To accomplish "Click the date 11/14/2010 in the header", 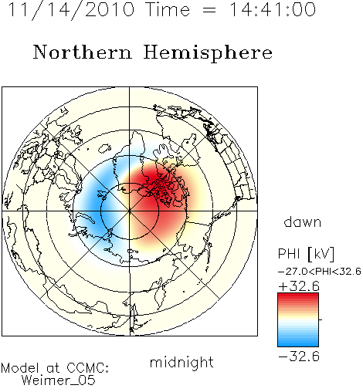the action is click(71, 9).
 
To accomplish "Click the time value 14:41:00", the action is click(273, 9).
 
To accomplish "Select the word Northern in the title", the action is click(83, 52).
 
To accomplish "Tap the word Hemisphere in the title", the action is click(208, 53).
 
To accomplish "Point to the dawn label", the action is click(303, 222).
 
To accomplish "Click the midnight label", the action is click(181, 363).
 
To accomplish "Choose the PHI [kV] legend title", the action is click(306, 254).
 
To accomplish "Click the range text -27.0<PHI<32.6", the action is click(320, 272).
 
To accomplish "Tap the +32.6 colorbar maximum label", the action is click(299, 286).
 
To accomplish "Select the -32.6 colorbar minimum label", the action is click(299, 357).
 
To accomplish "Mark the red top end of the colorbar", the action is click(298, 296).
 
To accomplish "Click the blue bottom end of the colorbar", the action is click(298, 344).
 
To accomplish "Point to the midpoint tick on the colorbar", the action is click(321, 319).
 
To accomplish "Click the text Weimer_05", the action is click(59, 380).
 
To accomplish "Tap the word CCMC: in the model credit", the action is click(88, 368).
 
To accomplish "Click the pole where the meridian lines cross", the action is click(130, 211).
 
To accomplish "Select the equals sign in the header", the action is click(209, 11).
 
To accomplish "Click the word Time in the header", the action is click(168, 9).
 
